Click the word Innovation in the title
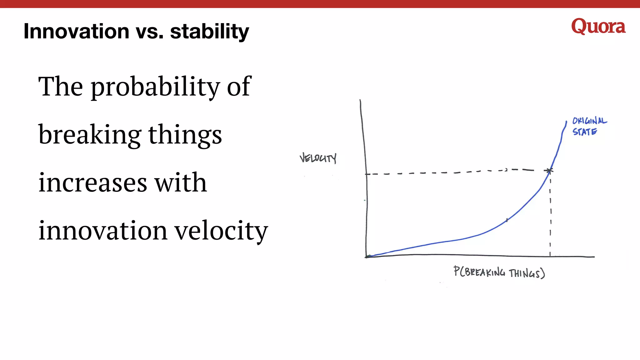pos(76,31)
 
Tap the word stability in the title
pos(209,31)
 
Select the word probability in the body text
pos(155,87)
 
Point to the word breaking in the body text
pos(90,135)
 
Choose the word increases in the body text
pos(92,182)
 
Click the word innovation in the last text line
pos(102,230)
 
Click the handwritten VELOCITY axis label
pos(318,158)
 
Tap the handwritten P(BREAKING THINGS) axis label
pos(499,272)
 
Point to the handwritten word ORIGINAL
pos(589,121)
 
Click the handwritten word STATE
pos(584,132)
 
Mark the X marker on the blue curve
pos(549,171)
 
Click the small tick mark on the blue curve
pos(507,220)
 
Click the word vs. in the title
pos(149,31)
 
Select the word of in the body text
pos(239,87)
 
